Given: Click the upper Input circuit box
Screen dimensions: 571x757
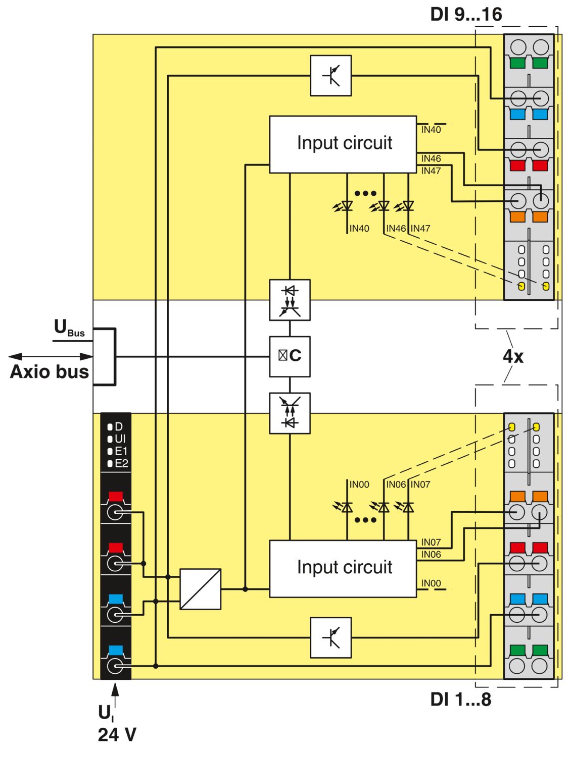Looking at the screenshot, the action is (343, 144).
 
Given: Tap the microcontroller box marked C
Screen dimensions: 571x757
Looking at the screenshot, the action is (290, 357).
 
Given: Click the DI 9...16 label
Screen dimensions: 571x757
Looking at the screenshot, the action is (466, 15).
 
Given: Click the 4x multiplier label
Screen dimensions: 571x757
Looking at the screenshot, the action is (513, 356).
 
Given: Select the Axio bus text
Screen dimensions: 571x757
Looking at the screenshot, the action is (50, 372).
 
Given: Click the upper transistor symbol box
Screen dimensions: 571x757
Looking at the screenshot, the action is (330, 76).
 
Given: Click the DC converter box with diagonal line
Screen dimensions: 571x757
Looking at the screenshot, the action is (200, 589).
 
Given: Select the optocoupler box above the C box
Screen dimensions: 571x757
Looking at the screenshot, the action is (290, 300).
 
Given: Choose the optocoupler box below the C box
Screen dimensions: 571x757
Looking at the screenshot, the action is (290, 413).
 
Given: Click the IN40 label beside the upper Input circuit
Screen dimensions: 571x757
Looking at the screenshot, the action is (431, 130).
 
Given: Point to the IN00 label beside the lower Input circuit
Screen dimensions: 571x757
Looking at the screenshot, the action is (431, 583).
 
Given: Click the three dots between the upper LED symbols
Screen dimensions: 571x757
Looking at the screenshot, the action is (365, 193).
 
